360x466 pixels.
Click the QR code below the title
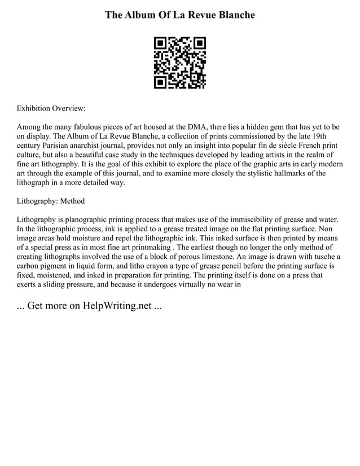point(180,63)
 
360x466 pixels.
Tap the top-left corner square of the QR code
point(160,43)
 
